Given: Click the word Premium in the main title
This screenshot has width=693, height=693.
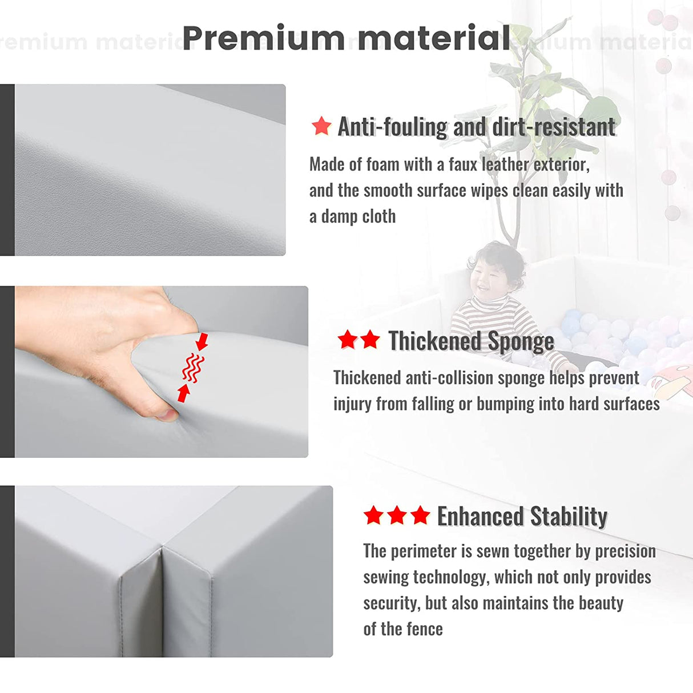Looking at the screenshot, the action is (x=264, y=38).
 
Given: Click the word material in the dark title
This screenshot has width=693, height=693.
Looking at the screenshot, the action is (x=433, y=38).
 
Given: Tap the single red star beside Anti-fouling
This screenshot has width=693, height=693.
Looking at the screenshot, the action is (x=321, y=126).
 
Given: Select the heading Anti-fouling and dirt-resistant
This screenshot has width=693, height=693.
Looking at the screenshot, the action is (x=477, y=127).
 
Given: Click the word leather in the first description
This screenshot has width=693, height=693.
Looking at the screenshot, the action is (x=505, y=165).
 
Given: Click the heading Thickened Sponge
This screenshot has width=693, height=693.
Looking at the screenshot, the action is (x=471, y=340).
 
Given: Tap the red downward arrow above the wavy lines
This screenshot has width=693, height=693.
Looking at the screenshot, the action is (x=202, y=341).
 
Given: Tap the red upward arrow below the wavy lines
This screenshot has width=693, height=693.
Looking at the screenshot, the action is (x=184, y=393).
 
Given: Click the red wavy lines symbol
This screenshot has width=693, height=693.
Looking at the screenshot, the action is (x=193, y=368).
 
